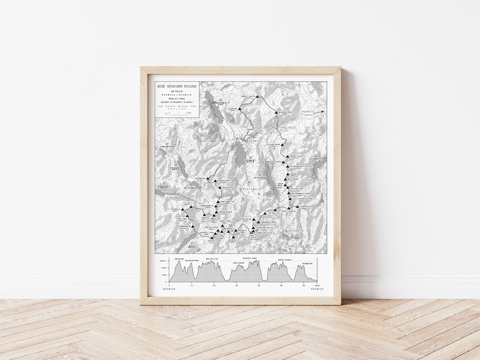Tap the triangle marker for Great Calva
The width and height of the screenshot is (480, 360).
[x=258, y=96]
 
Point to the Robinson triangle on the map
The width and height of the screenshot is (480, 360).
[x=212, y=180]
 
